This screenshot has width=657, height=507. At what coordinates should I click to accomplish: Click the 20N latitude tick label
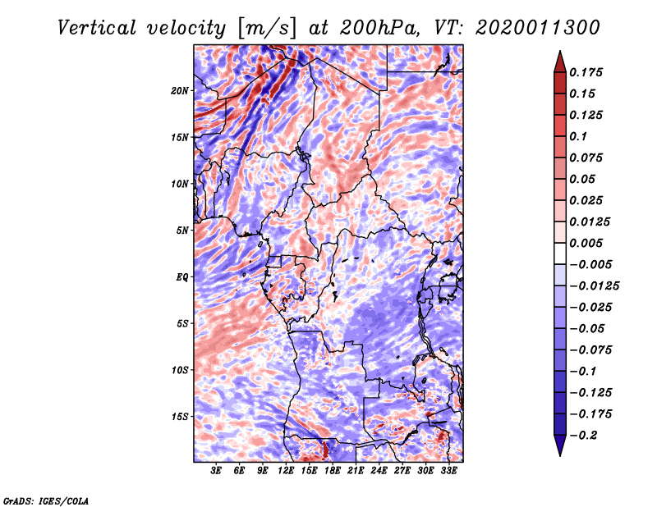point(180,90)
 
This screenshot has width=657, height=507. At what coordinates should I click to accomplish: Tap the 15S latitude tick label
point(180,416)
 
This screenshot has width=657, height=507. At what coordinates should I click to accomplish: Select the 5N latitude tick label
point(182,230)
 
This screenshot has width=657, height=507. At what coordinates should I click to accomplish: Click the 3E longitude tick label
point(216,471)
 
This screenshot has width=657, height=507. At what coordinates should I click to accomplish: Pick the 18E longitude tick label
point(333,471)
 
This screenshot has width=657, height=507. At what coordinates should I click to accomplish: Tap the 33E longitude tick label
point(448,471)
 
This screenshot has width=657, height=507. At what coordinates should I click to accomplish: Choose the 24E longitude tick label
point(379,471)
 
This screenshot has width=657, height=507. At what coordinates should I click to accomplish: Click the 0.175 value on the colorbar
point(589,72)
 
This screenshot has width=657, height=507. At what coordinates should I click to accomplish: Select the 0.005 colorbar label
point(589,243)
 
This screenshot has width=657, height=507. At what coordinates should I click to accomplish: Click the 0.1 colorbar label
point(581,136)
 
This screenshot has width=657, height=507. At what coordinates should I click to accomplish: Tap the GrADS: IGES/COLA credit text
point(45,500)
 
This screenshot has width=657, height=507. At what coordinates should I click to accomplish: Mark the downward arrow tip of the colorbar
point(558,453)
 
